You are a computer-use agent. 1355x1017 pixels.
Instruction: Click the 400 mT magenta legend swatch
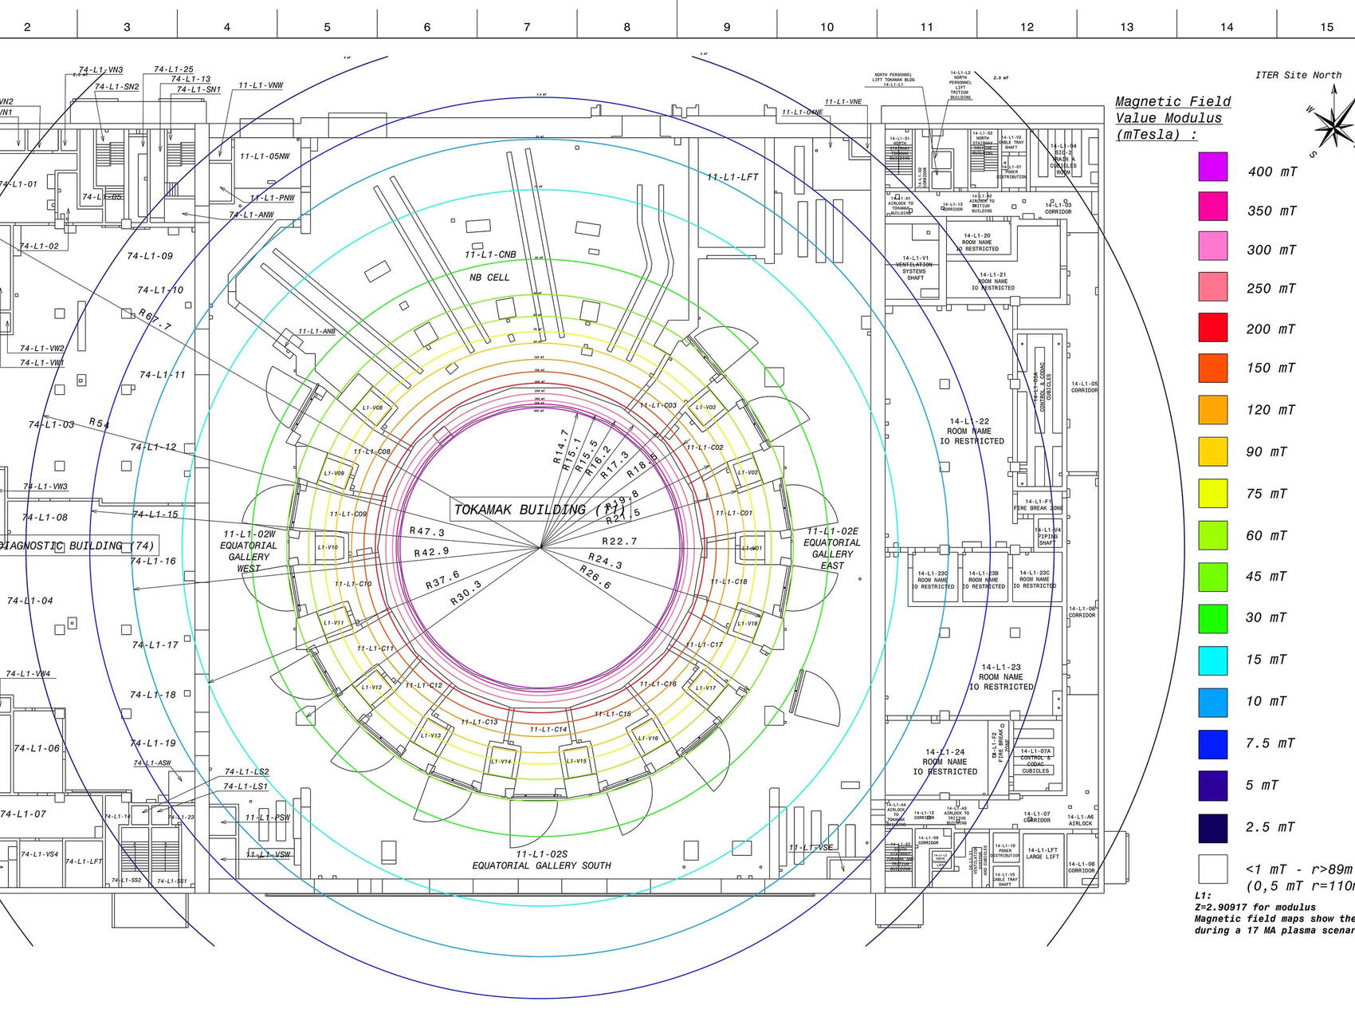[1212, 167]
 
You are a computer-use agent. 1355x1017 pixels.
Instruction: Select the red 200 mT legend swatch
[1212, 327]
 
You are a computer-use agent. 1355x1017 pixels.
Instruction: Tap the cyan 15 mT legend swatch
[1212, 660]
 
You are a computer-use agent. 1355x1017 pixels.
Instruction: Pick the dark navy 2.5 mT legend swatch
[1212, 828]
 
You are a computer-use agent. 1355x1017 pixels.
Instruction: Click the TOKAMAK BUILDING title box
[539, 509]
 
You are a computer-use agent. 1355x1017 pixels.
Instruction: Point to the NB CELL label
[489, 277]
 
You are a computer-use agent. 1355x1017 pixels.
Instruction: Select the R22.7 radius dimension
[619, 541]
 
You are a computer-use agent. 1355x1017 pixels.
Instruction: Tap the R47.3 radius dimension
[427, 531]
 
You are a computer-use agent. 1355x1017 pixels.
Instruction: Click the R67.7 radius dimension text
[155, 320]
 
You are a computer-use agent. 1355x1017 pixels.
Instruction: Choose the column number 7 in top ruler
[527, 27]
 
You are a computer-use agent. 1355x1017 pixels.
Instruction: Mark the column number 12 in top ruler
[1027, 27]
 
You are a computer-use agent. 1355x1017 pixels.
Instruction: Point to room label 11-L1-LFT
[732, 177]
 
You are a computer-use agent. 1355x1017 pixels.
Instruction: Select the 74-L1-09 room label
[150, 256]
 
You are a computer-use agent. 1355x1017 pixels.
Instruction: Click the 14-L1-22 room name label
[969, 421]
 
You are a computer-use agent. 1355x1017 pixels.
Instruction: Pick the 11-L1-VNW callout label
[261, 85]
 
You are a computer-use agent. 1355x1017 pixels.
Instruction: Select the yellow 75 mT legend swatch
[1212, 493]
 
